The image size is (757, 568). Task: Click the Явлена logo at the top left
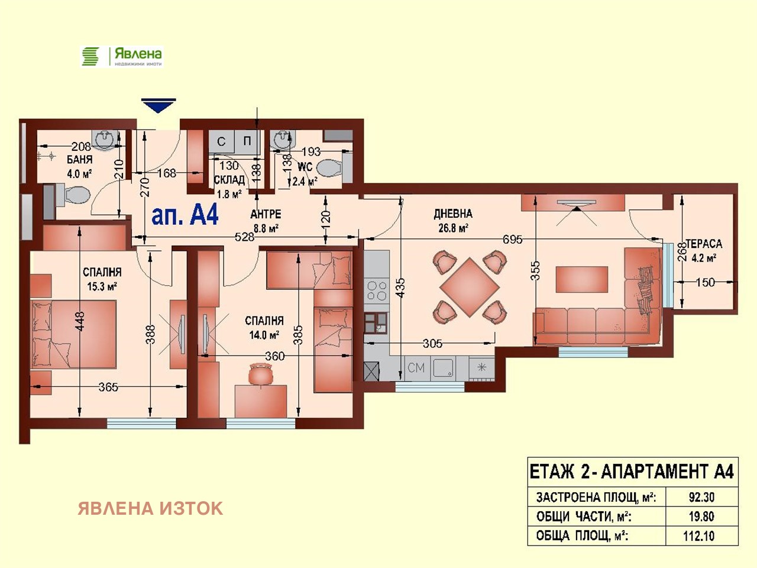122,56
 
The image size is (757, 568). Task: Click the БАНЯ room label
79,160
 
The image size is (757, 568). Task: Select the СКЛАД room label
229,180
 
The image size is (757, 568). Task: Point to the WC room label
305,167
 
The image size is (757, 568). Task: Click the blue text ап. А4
185,215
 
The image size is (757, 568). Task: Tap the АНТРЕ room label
266,214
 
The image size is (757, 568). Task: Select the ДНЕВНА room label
453,214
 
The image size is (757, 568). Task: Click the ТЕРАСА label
704,244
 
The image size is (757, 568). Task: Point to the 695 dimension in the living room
512,239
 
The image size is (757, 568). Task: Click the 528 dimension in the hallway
244,237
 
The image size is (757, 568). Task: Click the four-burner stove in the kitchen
377,291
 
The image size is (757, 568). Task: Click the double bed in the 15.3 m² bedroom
73,334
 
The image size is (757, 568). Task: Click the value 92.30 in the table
701,497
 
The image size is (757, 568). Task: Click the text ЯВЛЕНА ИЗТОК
150,508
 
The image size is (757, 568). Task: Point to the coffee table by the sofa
581,279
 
